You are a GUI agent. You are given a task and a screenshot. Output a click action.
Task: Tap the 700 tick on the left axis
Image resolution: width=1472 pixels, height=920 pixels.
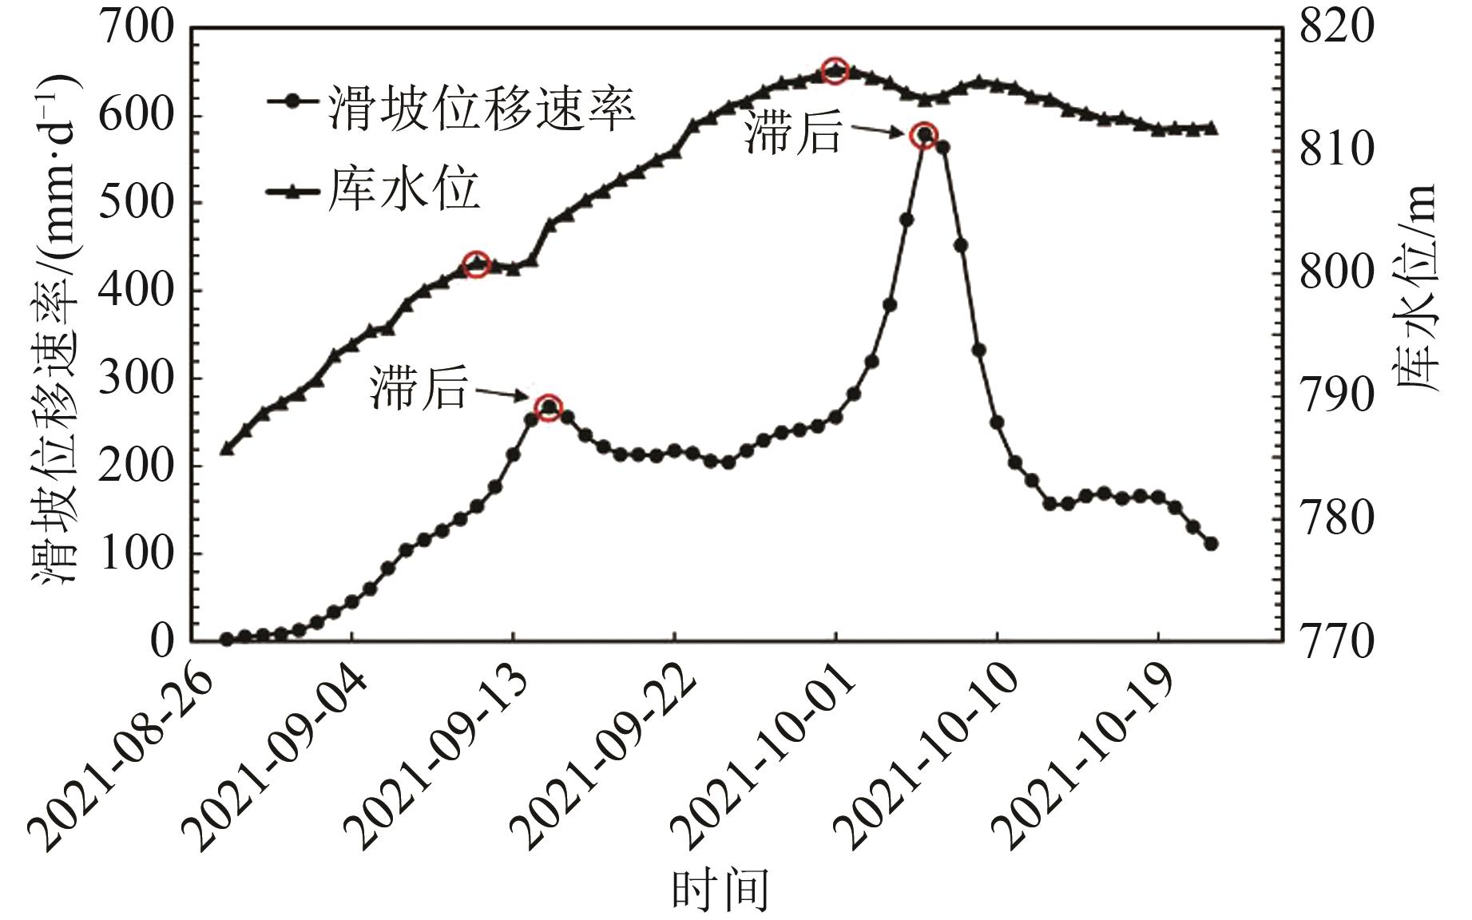pyautogui.click(x=136, y=30)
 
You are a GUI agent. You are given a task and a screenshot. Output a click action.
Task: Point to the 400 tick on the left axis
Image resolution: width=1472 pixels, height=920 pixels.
pyautogui.click(x=136, y=291)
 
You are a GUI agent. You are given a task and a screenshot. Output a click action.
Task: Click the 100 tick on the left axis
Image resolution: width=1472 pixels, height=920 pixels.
pyautogui.click(x=136, y=553)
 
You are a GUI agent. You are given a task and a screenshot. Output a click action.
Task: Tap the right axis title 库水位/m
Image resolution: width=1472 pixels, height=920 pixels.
pyautogui.click(x=1418, y=288)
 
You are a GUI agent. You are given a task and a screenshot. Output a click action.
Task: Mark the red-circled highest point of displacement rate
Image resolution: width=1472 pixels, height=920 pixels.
pyautogui.click(x=924, y=134)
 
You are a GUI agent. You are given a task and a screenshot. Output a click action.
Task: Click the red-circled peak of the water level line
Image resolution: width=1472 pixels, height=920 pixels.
pyautogui.click(x=835, y=71)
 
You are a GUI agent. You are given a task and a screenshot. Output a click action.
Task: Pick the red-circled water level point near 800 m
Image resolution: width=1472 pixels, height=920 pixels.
pyautogui.click(x=477, y=264)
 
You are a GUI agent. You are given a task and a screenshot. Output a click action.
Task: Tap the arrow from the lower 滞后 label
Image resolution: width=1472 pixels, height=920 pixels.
pyautogui.click(x=502, y=394)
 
